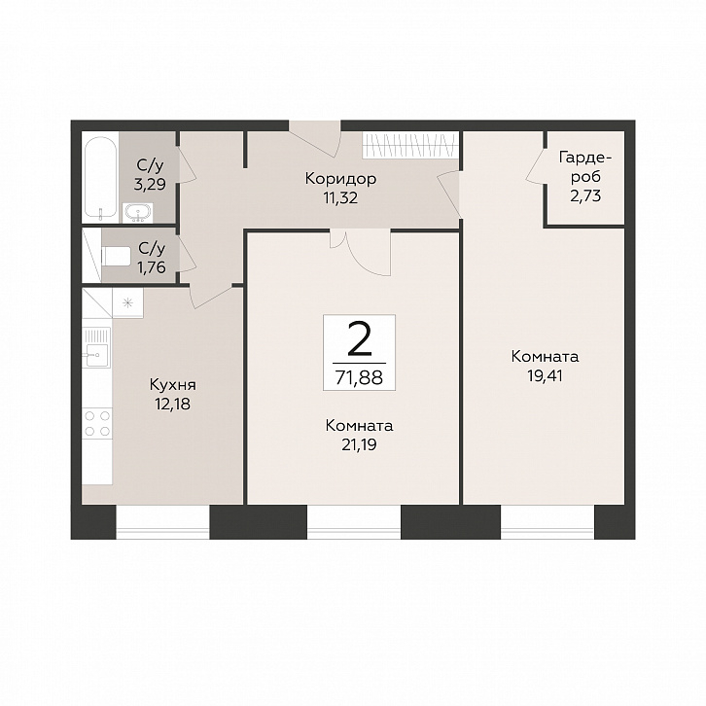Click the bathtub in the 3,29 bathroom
(x=100, y=177)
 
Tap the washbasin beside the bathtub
(x=137, y=213)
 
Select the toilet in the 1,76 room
(x=116, y=256)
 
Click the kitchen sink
(x=96, y=355)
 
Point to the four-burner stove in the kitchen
(x=97, y=423)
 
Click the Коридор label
(x=340, y=179)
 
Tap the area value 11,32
(x=340, y=197)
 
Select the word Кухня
(x=173, y=385)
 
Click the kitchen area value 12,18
(x=172, y=405)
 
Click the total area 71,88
(x=359, y=377)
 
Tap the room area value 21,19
(x=359, y=444)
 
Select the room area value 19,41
(x=545, y=375)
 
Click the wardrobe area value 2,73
(x=585, y=195)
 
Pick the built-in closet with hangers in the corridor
(x=410, y=145)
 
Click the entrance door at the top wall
(x=315, y=139)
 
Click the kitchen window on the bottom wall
(x=163, y=522)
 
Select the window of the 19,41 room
(x=547, y=522)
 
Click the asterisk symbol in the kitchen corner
(x=127, y=303)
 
